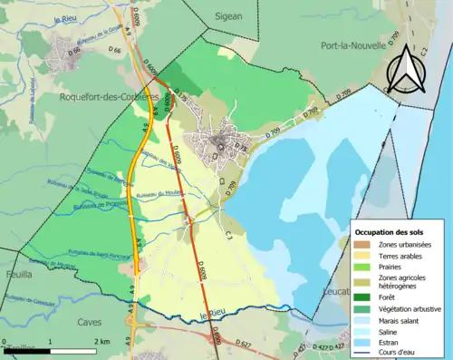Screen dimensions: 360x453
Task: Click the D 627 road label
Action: click(242, 344)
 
